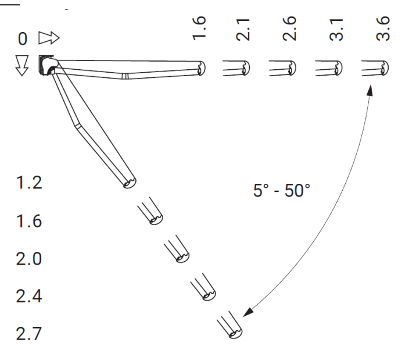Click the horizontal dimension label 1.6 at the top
coord(199,28)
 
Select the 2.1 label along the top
coord(243,30)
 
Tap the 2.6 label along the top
coord(289,28)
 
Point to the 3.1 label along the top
coord(336,30)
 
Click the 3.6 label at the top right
coord(383,28)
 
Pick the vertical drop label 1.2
coord(29,183)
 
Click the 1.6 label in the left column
coord(29,221)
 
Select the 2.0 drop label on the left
coord(29,259)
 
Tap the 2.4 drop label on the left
coord(29,296)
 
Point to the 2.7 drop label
coord(29,334)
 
